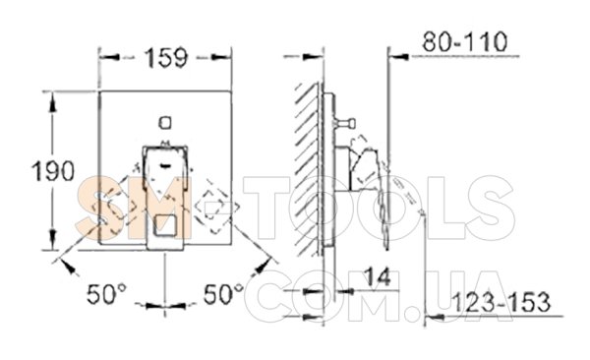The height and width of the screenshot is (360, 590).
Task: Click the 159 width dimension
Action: pyautogui.click(x=166, y=58)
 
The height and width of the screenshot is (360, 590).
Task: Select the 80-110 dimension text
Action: pyautogui.click(x=465, y=41)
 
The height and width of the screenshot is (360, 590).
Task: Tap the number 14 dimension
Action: pyautogui.click(x=379, y=277)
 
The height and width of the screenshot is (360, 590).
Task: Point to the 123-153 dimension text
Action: pyautogui.click(x=501, y=302)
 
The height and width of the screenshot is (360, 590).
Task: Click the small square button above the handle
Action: pyautogui.click(x=165, y=123)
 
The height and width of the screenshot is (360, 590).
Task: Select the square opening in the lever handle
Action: pyautogui.click(x=164, y=224)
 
